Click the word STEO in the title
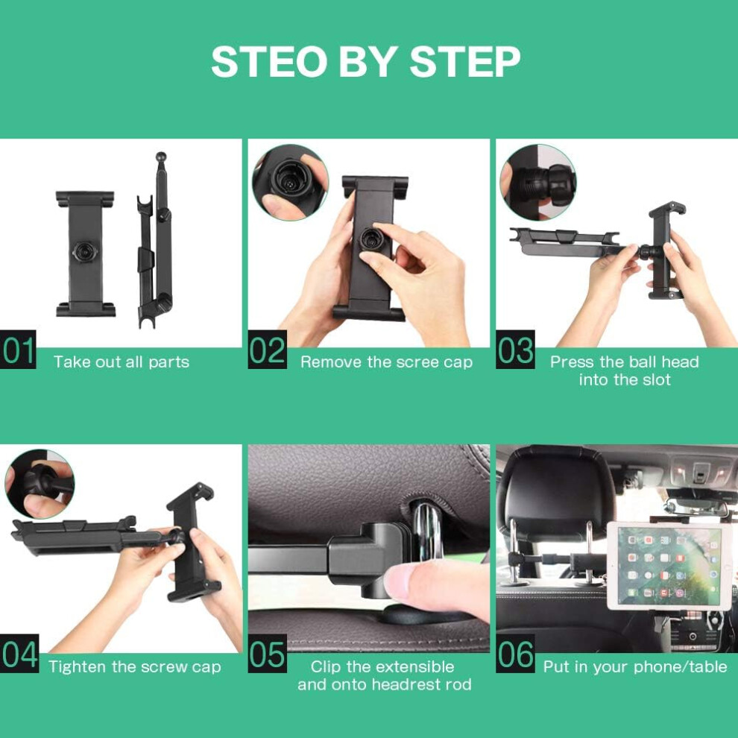[269, 61]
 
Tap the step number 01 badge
[18, 349]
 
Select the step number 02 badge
[268, 349]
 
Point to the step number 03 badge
[515, 349]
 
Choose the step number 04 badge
[19, 653]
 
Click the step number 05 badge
[268, 653]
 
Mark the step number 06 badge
[515, 653]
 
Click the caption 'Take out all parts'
[122, 362]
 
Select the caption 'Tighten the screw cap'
[135, 667]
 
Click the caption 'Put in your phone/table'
[635, 667]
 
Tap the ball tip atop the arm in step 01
[161, 157]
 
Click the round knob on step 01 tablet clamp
[85, 252]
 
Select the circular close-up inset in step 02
[291, 183]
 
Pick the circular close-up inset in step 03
[538, 182]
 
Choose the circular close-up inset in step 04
[40, 485]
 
